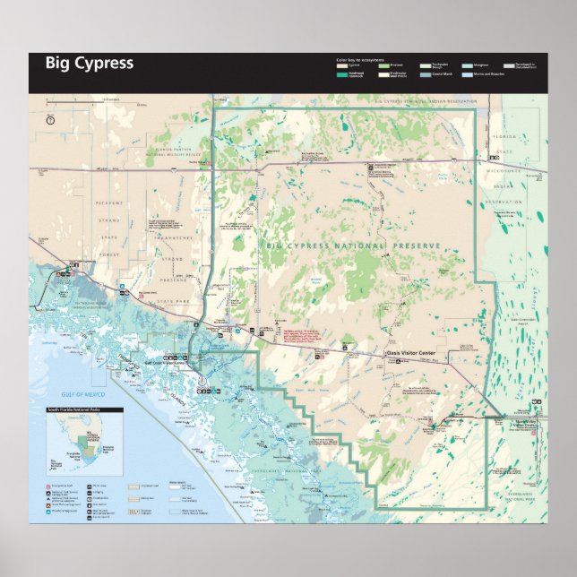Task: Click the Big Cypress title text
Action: pyautogui.click(x=90, y=64)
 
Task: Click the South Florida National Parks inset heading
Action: pyautogui.click(x=84, y=410)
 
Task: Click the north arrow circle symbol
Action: pyautogui.click(x=50, y=119)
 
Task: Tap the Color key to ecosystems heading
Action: pyautogui.click(x=359, y=60)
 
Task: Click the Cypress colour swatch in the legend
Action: pyautogui.click(x=342, y=65)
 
